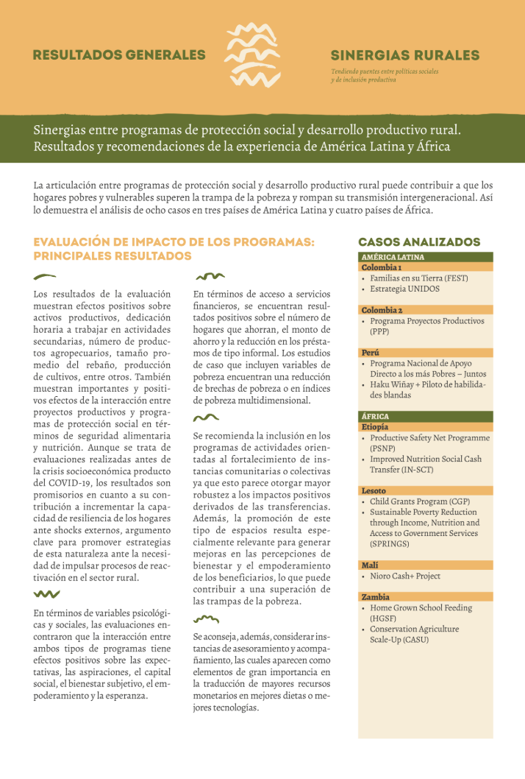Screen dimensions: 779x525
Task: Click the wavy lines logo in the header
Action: click(251, 55)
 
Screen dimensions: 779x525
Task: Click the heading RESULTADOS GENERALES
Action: click(119, 55)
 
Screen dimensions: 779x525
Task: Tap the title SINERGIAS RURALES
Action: click(404, 56)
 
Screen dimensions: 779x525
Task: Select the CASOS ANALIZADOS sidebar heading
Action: click(419, 242)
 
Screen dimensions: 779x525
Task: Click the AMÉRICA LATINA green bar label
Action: click(393, 258)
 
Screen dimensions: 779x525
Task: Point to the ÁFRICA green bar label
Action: click(376, 417)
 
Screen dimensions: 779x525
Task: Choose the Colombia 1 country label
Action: click(381, 267)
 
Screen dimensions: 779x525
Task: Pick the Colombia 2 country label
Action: click(382, 311)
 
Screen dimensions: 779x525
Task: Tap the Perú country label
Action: click(371, 353)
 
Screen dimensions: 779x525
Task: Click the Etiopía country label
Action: click(375, 427)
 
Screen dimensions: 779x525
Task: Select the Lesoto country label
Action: click(374, 490)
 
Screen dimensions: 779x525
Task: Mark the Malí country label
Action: click(370, 565)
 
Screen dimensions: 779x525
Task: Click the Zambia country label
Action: click(375, 597)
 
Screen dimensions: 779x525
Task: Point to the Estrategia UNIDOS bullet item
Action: click(404, 289)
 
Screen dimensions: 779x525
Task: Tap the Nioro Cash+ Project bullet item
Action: click(405, 576)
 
